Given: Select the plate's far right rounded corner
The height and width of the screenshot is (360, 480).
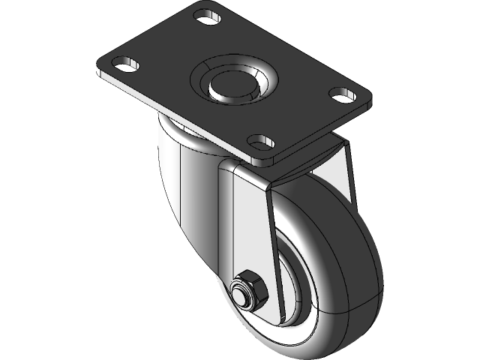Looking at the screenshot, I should pos(367,97).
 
